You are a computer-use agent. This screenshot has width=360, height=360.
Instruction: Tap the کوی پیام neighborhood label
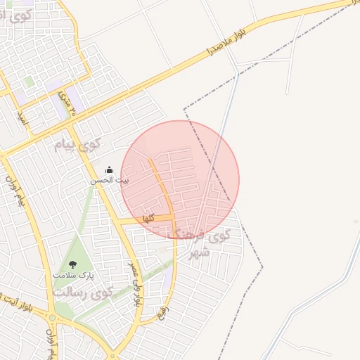78,145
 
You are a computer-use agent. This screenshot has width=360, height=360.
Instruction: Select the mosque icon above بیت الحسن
109,169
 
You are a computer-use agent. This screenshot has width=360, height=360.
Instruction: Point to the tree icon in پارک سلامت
72,264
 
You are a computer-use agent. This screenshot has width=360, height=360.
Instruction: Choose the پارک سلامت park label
72,274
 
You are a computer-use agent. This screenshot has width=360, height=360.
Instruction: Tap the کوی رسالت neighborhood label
83,292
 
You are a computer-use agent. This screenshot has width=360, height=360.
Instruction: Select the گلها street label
148,219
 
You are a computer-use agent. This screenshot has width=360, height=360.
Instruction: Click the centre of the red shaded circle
180,179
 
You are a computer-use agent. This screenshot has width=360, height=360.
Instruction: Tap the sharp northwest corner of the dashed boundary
184,110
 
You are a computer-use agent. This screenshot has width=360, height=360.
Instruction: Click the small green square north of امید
28,82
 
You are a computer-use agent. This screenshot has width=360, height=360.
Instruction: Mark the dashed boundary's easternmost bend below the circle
262,266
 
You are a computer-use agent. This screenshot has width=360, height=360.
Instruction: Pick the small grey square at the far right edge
355,221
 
